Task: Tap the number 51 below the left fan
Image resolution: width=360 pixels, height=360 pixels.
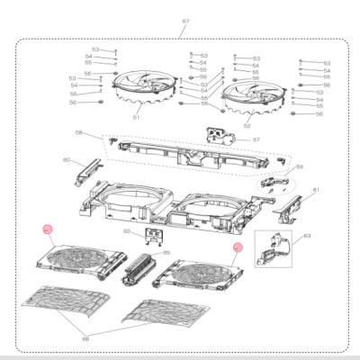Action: tap(137, 116)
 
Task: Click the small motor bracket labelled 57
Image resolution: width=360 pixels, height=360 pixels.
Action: tap(217, 136)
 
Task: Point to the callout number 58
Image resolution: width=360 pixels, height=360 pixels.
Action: tap(78, 134)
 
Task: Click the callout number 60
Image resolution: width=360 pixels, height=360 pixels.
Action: tap(66, 160)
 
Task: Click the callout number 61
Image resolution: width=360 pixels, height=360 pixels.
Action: tap(316, 191)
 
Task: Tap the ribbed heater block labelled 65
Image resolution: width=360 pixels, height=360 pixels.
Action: tap(143, 268)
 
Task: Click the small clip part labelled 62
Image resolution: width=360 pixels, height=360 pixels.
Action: tap(154, 238)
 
